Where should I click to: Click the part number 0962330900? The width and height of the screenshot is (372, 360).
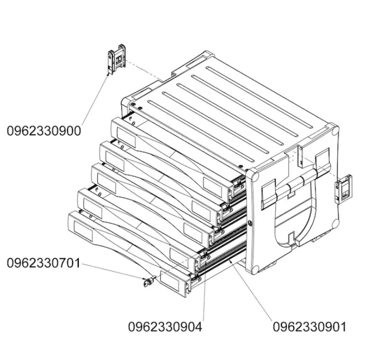[x=44, y=131]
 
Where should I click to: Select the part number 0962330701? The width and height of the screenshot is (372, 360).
[x=43, y=263]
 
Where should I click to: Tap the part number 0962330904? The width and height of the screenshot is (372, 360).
[x=165, y=327]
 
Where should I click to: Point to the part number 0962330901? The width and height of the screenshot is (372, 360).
[x=309, y=327]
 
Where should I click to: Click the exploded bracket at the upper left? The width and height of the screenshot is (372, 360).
[x=116, y=59]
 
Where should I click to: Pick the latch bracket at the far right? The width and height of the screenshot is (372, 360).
[x=344, y=189]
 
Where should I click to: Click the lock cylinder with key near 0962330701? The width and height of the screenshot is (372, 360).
[x=149, y=281]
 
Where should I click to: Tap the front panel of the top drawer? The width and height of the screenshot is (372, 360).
[x=171, y=160]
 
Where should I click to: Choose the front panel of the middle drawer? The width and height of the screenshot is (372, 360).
[x=152, y=205]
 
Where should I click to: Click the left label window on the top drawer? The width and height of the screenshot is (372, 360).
[x=126, y=138]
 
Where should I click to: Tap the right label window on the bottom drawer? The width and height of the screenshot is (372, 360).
[x=170, y=281]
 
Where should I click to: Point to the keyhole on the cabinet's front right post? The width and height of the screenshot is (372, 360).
[x=250, y=222]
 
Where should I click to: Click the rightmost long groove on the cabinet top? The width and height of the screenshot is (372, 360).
[x=259, y=97]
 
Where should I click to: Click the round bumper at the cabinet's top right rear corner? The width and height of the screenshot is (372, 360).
[x=335, y=131]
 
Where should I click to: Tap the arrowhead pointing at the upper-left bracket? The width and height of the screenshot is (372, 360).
[x=109, y=74]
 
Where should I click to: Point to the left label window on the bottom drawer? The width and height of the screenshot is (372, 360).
[x=83, y=231]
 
